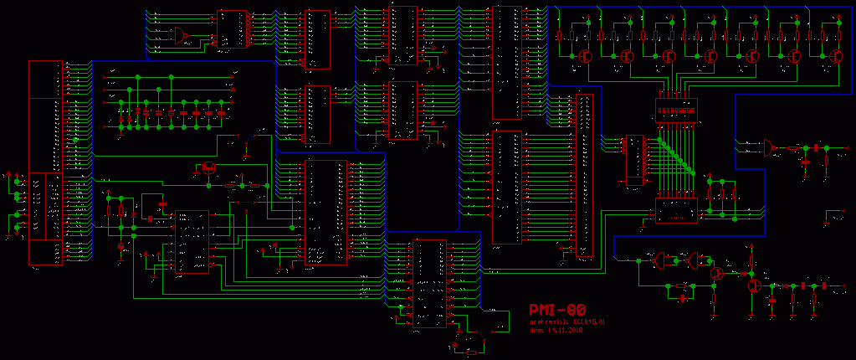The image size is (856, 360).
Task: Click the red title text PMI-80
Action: click(556, 311)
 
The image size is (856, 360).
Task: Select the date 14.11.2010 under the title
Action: click(566, 330)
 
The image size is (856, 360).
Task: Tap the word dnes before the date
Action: click(536, 330)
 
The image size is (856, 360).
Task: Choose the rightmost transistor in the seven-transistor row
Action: click(836, 55)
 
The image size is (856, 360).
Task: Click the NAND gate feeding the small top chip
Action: click(180, 35)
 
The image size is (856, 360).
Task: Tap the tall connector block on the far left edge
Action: click(45, 163)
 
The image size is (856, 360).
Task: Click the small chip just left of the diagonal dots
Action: click(633, 160)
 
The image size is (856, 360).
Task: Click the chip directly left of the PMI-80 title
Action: click(430, 285)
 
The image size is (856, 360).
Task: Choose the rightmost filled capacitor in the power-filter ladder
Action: click(222, 111)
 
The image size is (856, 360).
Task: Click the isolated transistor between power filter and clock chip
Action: click(208, 167)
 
